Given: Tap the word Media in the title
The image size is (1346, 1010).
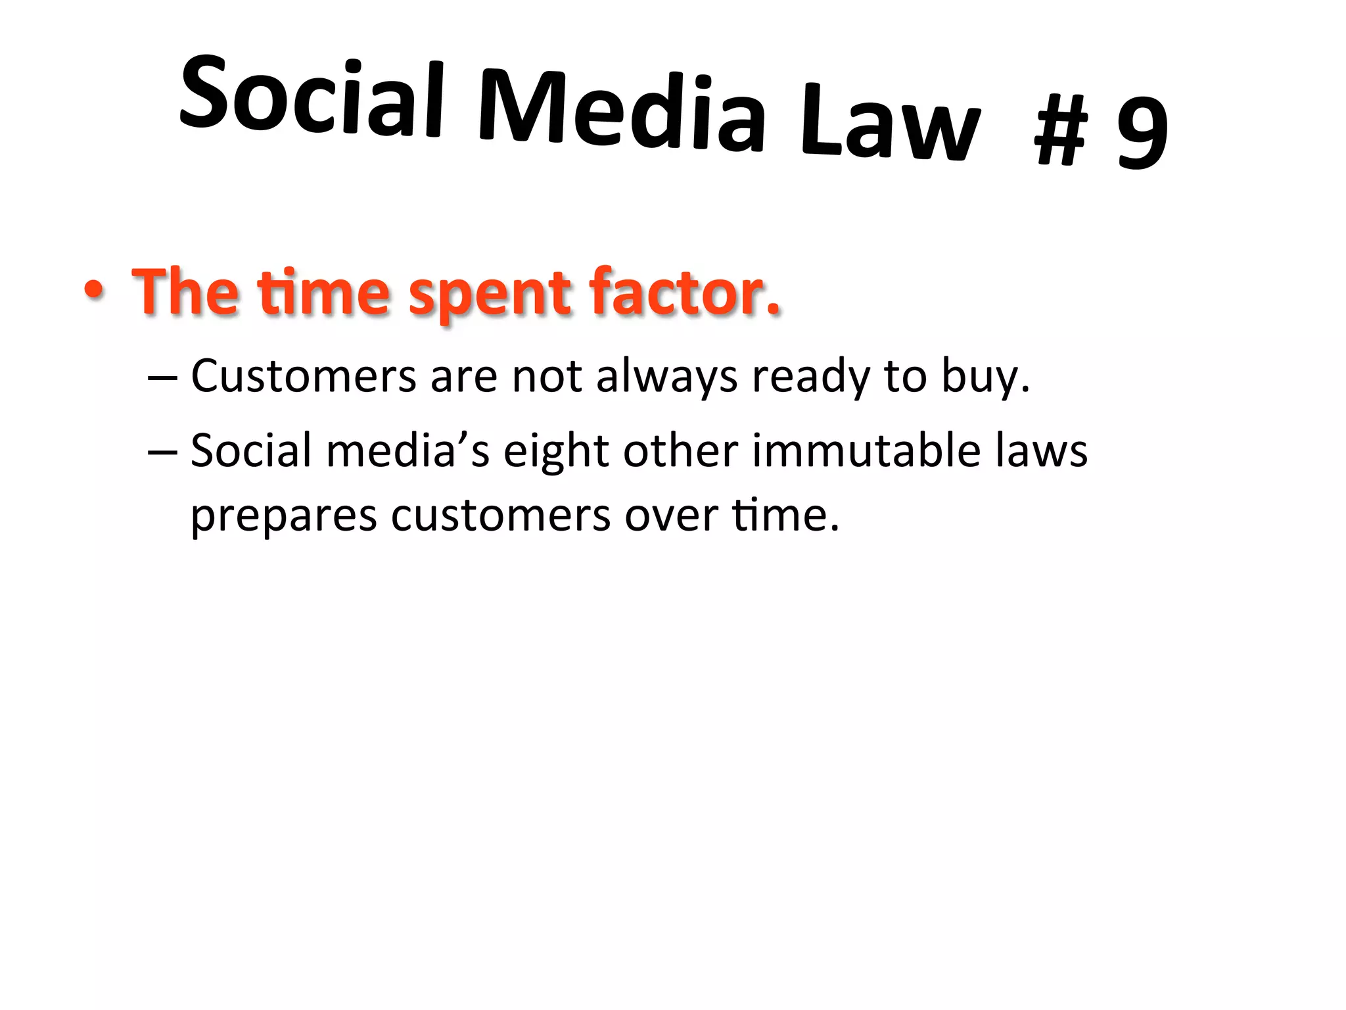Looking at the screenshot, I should (622, 112).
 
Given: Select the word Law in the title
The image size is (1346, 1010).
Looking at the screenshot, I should (891, 125).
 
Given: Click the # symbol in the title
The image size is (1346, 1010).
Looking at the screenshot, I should (1061, 131).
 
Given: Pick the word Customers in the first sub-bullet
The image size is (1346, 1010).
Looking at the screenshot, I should (304, 376).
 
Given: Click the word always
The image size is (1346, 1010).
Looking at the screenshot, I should (666, 377).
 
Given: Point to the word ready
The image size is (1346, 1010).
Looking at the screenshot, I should (811, 377).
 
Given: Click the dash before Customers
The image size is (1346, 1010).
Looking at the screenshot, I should (162, 379).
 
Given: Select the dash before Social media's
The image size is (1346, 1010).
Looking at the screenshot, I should (162, 452).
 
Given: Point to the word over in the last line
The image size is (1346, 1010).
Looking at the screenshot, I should (671, 516).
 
